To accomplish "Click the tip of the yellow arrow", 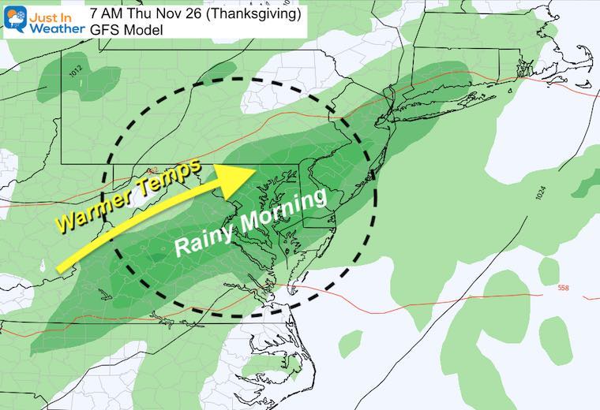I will pyautogui.click(x=257, y=169).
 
